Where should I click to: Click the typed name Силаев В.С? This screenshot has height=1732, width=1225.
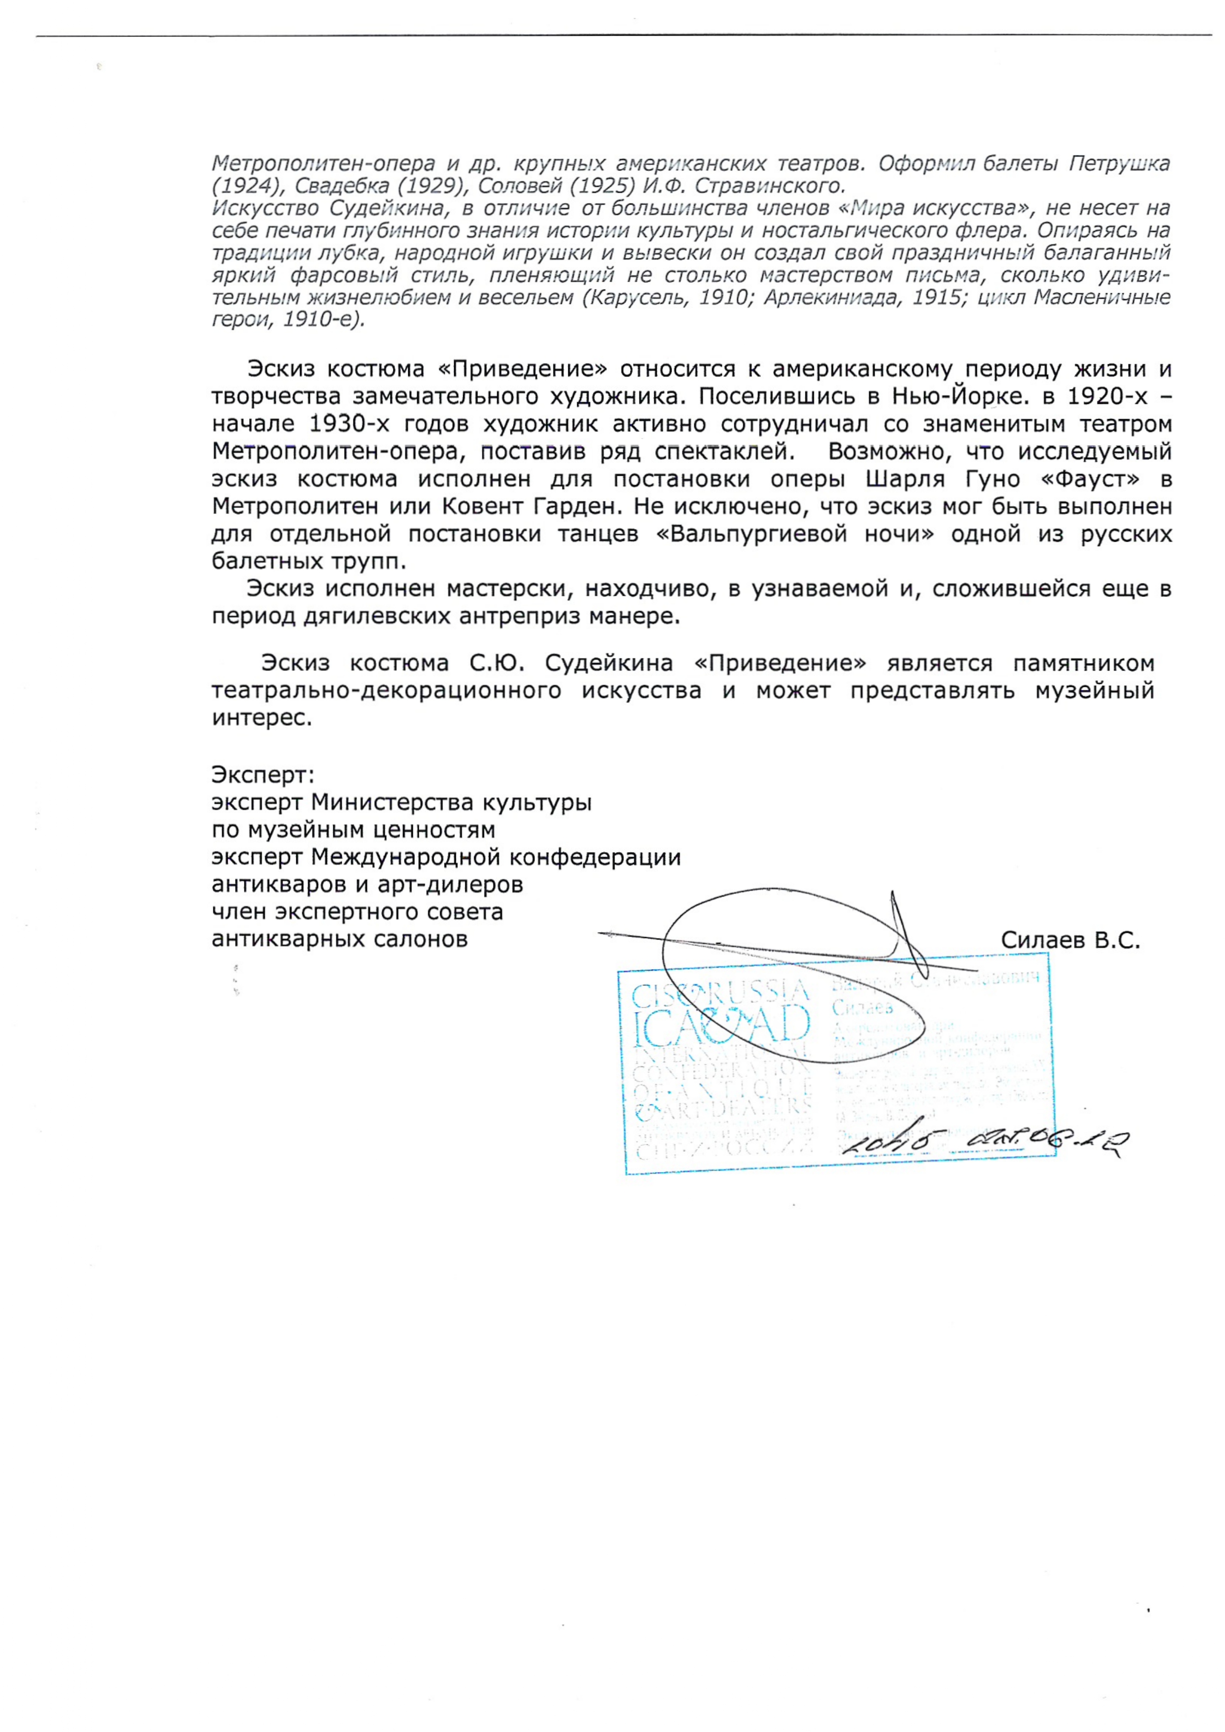point(1069,941)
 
